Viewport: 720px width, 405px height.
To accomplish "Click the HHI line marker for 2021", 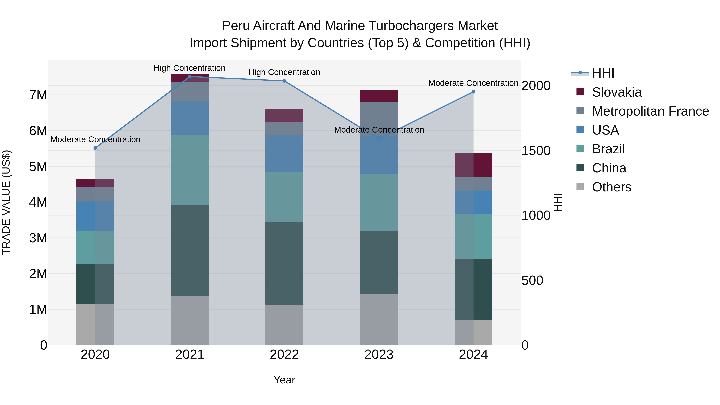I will [190, 77].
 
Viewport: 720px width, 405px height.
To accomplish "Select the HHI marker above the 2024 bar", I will [473, 92].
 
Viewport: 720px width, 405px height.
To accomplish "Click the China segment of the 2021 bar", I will [190, 250].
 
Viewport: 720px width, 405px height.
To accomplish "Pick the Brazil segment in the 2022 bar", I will [284, 197].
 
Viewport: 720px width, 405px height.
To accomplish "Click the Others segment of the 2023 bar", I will [379, 319].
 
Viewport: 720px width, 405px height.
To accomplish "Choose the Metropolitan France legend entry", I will [650, 111].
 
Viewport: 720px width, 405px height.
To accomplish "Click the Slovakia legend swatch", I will [580, 92].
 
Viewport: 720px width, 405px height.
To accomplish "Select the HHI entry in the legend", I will [603, 73].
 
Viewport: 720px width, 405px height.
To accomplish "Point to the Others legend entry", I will [611, 187].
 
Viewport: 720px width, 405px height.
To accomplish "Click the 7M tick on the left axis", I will [38, 95].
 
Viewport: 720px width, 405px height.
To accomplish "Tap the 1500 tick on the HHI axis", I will [536, 151].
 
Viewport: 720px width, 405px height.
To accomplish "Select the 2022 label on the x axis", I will [284, 355].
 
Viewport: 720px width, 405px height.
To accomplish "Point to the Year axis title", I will [284, 380].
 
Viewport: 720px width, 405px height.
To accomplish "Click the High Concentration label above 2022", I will [284, 72].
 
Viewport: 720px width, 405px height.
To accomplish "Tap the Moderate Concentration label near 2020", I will [95, 139].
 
